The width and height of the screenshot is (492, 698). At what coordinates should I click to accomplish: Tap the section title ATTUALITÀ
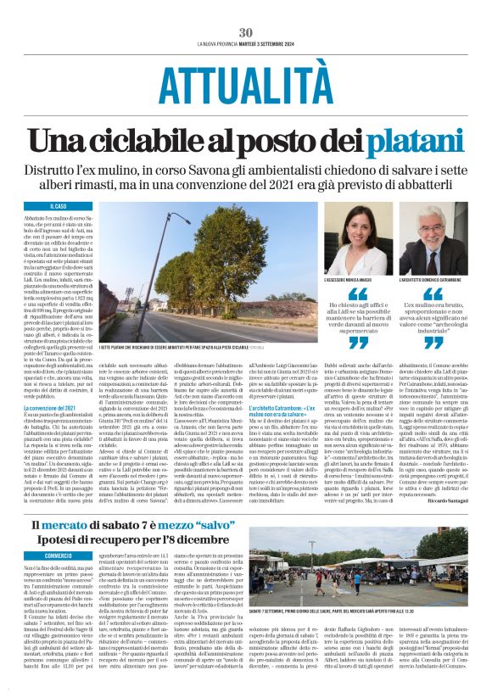246,84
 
